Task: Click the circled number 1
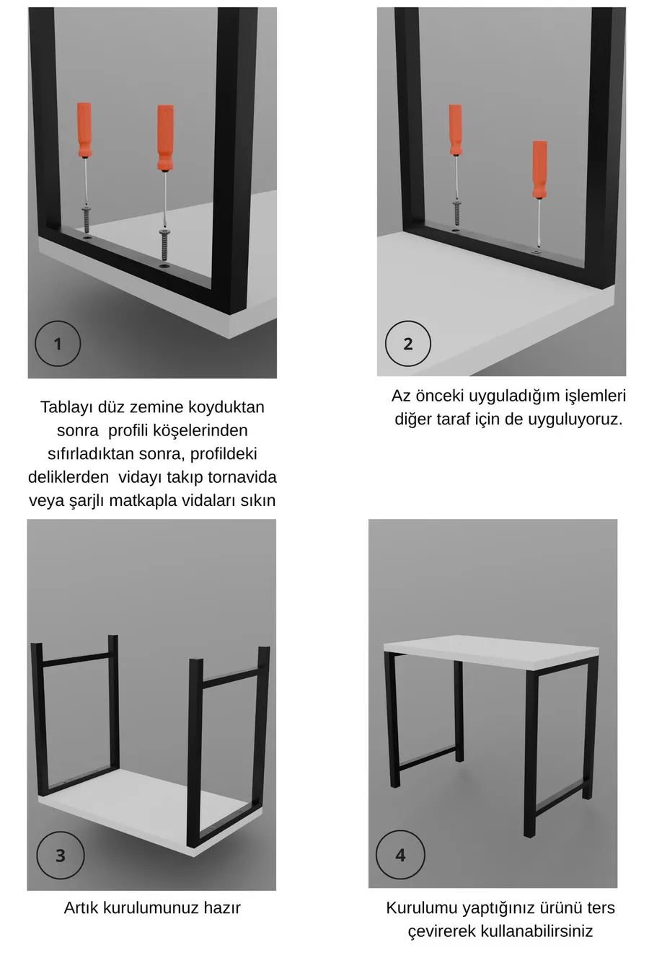coord(58,344)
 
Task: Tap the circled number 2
coord(407,344)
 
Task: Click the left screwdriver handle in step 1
coord(84,130)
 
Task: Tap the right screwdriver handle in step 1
coord(165,137)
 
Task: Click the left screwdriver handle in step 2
coord(455,130)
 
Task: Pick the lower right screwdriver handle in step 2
coord(539,169)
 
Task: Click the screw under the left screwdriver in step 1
coord(87,220)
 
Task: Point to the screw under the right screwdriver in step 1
coord(164,246)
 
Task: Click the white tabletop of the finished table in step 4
coord(492,650)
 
